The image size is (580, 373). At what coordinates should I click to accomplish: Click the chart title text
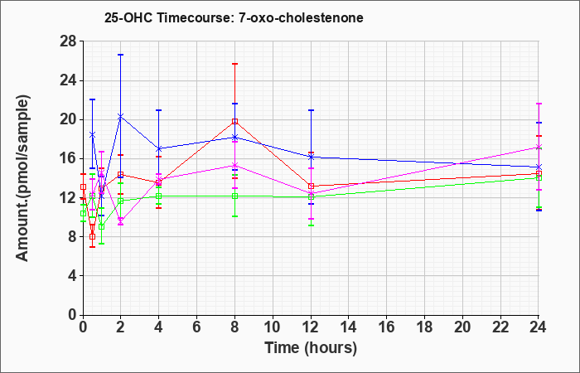(x=234, y=17)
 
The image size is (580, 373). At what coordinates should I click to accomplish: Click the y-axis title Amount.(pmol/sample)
(x=23, y=178)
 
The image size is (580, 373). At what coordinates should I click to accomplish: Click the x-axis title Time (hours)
(x=311, y=348)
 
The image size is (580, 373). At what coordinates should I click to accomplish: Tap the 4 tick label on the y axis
(x=73, y=276)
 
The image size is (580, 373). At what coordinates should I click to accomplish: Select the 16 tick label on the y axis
(x=69, y=158)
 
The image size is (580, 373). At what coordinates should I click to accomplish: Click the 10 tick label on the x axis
(x=273, y=327)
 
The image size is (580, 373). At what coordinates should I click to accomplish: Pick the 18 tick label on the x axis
(x=424, y=327)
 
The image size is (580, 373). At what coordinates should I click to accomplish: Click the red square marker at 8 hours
(x=234, y=121)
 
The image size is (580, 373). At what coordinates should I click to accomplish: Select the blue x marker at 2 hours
(x=121, y=116)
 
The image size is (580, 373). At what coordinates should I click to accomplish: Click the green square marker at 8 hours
(x=234, y=196)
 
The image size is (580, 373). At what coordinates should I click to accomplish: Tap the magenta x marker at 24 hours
(x=539, y=147)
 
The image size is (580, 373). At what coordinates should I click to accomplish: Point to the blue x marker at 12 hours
(x=311, y=157)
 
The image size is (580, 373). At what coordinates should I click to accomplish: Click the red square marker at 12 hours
(x=311, y=186)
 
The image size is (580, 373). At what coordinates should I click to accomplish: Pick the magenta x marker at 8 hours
(x=234, y=165)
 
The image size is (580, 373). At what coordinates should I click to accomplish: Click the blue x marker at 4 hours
(x=159, y=148)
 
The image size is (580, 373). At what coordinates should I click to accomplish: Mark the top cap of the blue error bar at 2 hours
(x=121, y=55)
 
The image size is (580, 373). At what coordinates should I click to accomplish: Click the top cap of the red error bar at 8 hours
(x=234, y=64)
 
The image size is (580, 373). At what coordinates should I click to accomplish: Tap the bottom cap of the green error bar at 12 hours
(x=311, y=225)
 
